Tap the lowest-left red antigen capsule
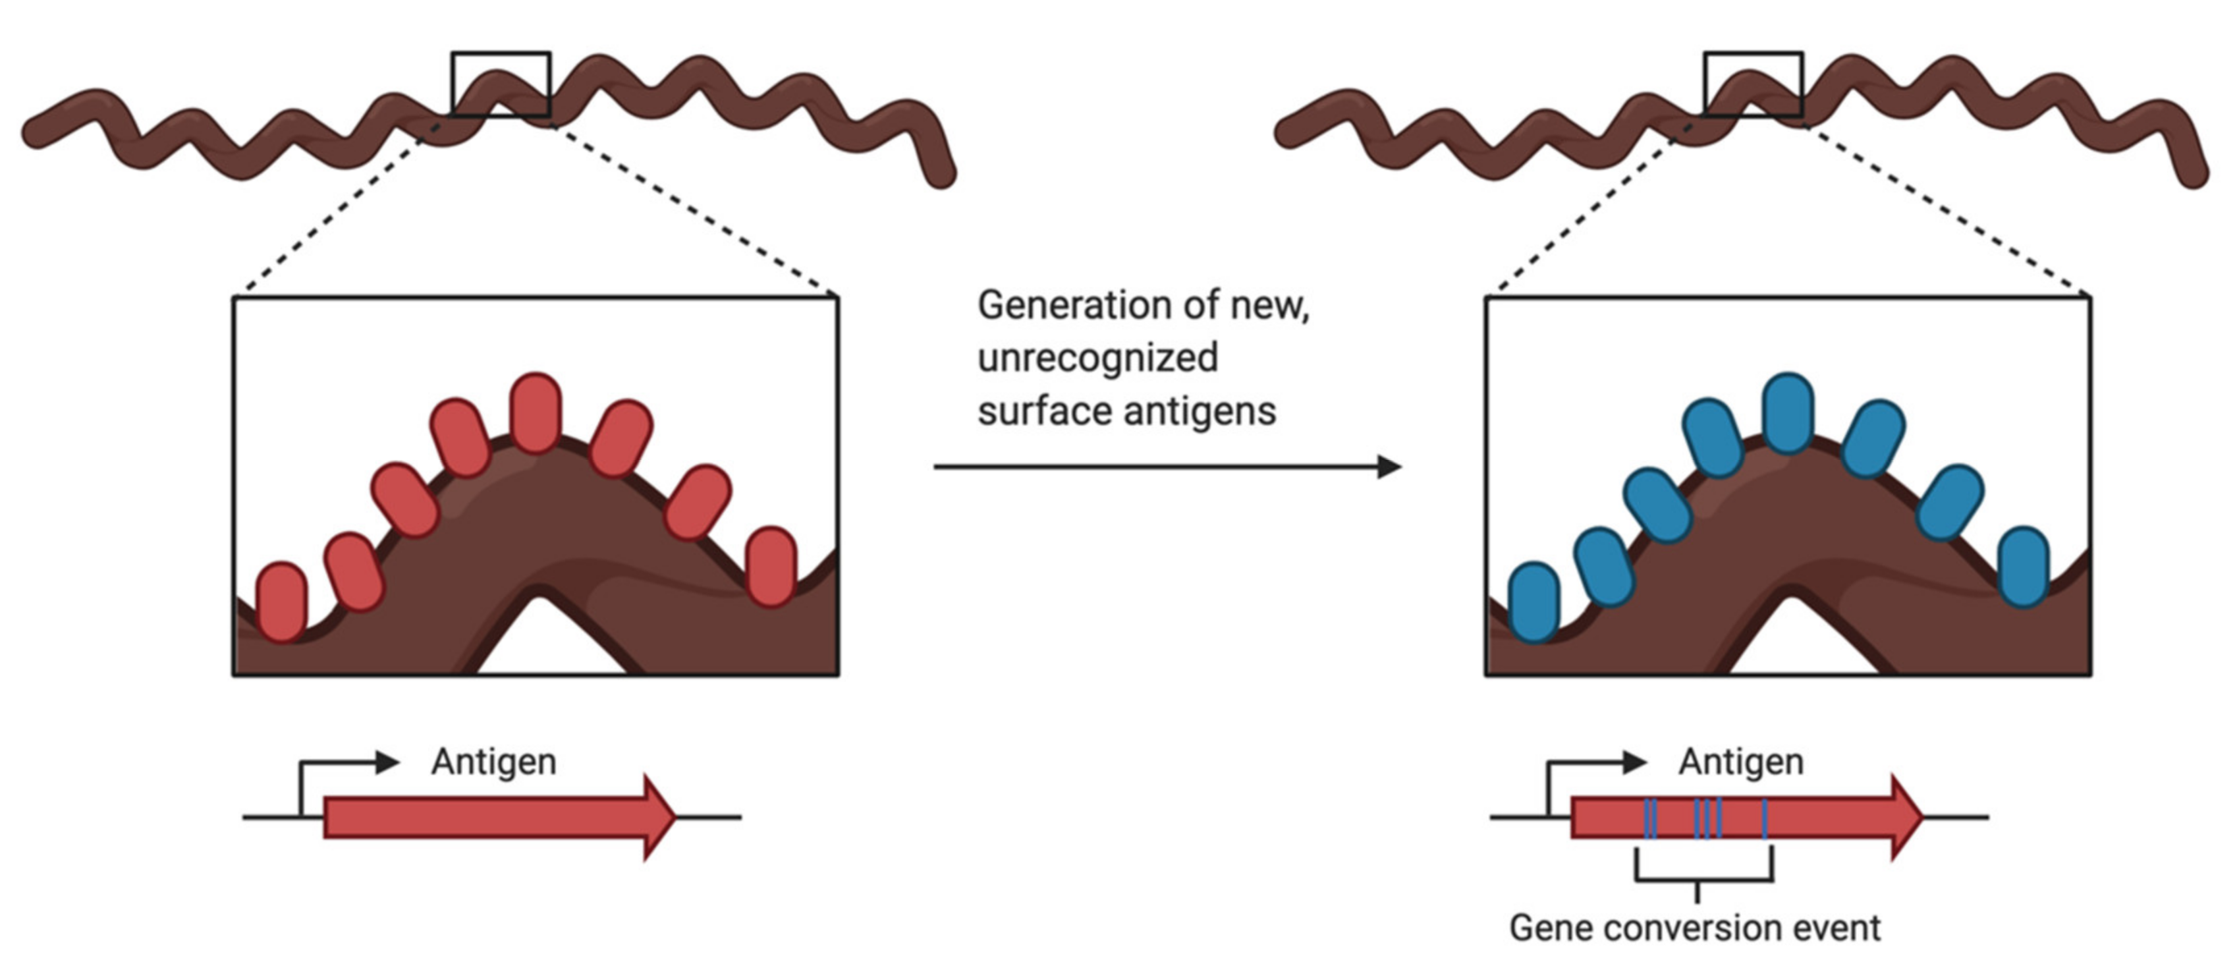[x=282, y=602]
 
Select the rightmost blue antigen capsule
[x=2024, y=567]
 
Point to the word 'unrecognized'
[x=1097, y=358]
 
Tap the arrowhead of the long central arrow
[x=1389, y=467]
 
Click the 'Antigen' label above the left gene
[x=493, y=762]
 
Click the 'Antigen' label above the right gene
[x=1741, y=762]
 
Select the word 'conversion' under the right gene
[x=1697, y=928]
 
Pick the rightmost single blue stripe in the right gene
[x=1765, y=818]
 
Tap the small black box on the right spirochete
[x=1754, y=84]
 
